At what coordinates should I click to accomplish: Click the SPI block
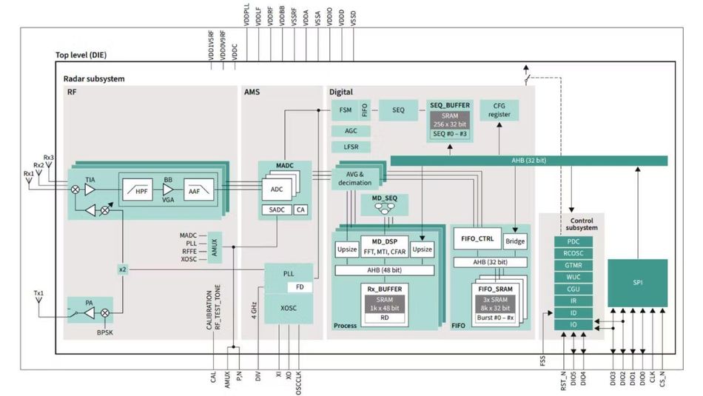[x=637, y=283]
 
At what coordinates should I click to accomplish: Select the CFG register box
[x=499, y=110]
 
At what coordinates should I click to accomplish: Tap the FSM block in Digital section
[x=345, y=110]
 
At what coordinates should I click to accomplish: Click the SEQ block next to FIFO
[x=398, y=110]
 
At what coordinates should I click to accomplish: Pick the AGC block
[x=351, y=130]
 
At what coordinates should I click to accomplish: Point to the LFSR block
[x=351, y=147]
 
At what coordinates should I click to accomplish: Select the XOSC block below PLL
[x=289, y=307]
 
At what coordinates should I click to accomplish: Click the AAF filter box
[x=195, y=190]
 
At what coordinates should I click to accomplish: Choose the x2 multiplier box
[x=123, y=269]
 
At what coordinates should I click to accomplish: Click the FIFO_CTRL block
[x=477, y=239]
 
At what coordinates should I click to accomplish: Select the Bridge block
[x=515, y=241]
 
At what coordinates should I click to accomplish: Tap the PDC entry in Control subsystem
[x=573, y=241]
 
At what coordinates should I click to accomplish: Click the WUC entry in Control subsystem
[x=573, y=277]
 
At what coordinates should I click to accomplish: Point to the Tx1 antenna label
[x=39, y=293]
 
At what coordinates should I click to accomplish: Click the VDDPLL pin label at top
[x=246, y=15]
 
